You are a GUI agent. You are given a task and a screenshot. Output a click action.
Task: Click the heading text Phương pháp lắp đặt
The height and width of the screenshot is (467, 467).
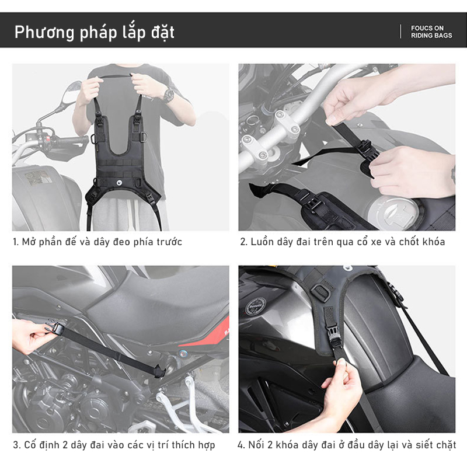(94, 32)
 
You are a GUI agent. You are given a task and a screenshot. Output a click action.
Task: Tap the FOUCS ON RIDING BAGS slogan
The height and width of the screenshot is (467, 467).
(431, 32)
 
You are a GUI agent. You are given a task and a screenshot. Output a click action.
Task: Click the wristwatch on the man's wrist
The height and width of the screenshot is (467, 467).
(169, 95)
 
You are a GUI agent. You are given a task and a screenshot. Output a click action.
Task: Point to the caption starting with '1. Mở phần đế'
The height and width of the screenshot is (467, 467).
(97, 242)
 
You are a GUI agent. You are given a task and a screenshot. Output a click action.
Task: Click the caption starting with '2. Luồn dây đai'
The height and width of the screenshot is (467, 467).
(343, 242)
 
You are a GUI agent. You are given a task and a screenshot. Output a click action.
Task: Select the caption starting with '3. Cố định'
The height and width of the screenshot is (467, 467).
(114, 445)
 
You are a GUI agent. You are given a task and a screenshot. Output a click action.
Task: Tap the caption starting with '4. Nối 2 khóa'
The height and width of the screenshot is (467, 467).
(347, 445)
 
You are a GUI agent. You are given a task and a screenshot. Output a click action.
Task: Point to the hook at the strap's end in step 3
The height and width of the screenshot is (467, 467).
(160, 372)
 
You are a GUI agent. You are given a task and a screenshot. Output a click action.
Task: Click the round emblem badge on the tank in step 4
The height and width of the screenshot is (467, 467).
(256, 306)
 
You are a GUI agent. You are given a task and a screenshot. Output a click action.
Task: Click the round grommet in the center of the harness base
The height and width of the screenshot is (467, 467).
(120, 182)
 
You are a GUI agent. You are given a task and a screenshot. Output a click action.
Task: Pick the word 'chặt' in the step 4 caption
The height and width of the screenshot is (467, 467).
(446, 445)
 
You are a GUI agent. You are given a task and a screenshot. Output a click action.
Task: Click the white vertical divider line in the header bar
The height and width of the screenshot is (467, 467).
(400, 32)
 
